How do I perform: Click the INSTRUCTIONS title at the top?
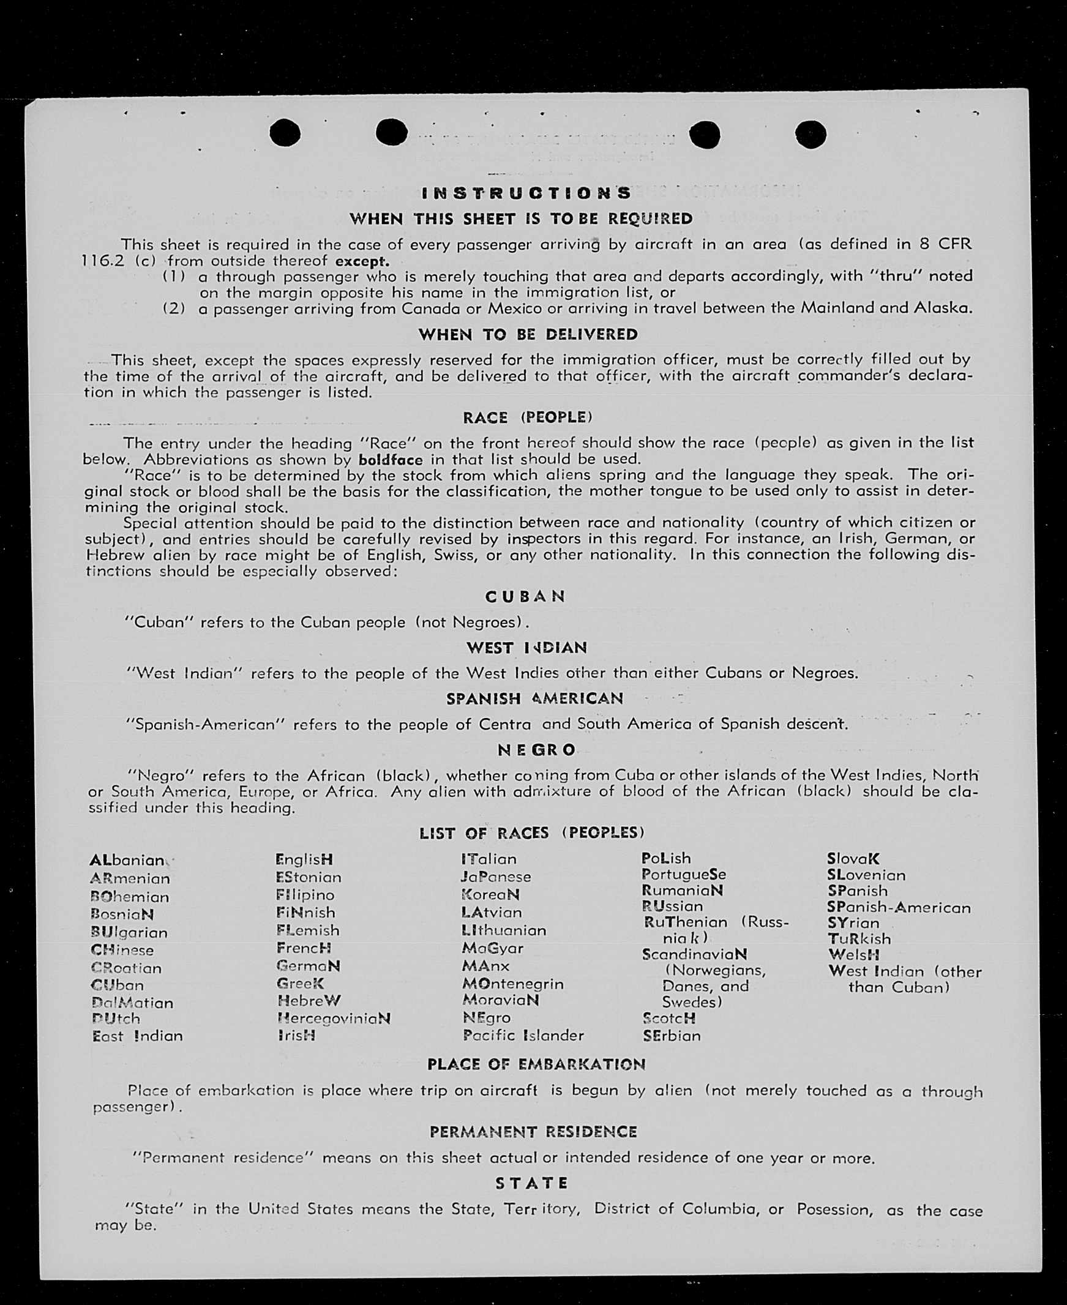[526, 193]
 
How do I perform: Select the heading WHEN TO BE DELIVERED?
[528, 335]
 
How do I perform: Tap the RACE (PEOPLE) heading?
[527, 418]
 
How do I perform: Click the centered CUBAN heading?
[525, 597]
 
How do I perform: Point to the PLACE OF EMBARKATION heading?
[536, 1064]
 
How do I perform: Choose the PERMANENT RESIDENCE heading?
[533, 1132]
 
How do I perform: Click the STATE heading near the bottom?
[531, 1183]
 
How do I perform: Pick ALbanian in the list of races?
[127, 860]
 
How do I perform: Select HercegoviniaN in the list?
[334, 1019]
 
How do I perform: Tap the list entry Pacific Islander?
[523, 1035]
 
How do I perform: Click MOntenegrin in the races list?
[512, 984]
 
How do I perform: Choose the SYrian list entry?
[853, 923]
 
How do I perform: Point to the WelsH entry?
[853, 955]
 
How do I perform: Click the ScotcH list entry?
[668, 1018]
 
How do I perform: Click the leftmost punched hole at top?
[285, 133]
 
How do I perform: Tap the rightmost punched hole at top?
[810, 134]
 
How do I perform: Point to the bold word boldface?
[391, 460]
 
